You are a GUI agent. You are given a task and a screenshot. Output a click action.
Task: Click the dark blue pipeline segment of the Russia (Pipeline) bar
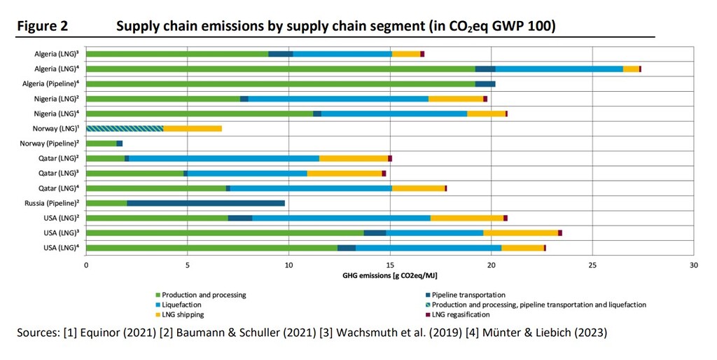[206, 203]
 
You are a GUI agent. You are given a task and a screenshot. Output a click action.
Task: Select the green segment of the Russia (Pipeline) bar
[106, 203]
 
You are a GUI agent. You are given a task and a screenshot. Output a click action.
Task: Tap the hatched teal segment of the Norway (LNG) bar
[125, 128]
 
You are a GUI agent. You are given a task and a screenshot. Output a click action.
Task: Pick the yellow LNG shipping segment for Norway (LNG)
[193, 128]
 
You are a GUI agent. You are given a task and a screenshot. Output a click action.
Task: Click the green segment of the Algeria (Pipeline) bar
[280, 84]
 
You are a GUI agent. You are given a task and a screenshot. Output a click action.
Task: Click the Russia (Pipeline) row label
[59, 203]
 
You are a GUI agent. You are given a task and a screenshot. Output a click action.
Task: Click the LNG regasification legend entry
[462, 314]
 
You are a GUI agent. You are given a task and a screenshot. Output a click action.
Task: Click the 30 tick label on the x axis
[693, 265]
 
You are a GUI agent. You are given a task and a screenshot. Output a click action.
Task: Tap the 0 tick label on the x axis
[86, 265]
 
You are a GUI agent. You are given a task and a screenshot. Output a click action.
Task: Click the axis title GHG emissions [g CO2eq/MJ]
[389, 276]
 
